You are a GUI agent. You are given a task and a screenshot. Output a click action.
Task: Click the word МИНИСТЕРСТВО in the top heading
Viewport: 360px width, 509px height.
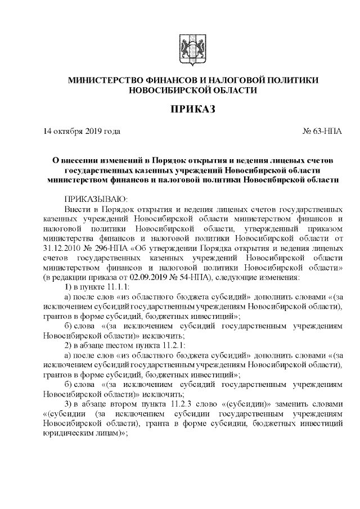(x=113, y=80)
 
